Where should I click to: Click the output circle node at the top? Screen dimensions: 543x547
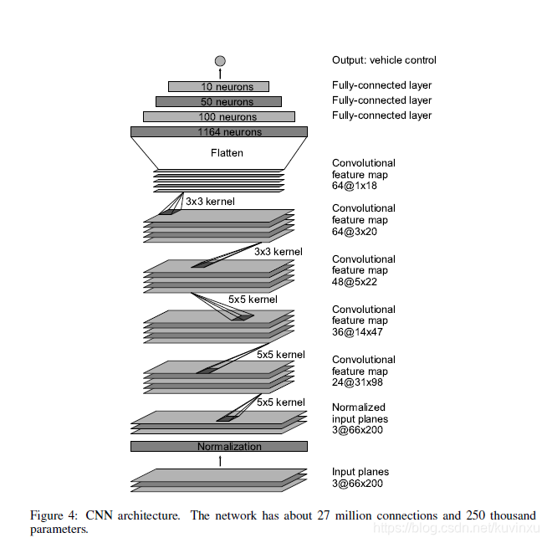coord(220,60)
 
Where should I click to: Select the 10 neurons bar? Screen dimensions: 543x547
coord(218,86)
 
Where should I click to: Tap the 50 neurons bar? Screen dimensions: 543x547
coord(218,101)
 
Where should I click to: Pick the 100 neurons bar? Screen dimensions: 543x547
coord(218,116)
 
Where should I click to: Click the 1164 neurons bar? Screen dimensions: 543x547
coord(218,131)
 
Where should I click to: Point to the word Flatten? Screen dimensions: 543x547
coord(227,153)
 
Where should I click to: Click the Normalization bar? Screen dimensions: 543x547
coord(218,446)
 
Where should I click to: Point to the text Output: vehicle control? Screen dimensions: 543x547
coord(384,60)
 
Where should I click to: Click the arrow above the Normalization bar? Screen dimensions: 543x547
coord(220,460)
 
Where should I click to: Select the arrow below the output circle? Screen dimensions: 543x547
coord(220,74)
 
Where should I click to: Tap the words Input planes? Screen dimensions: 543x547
coord(360,472)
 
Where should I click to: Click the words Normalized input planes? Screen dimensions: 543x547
coord(360,413)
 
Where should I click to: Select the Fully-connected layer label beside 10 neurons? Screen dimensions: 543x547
coord(381,85)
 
